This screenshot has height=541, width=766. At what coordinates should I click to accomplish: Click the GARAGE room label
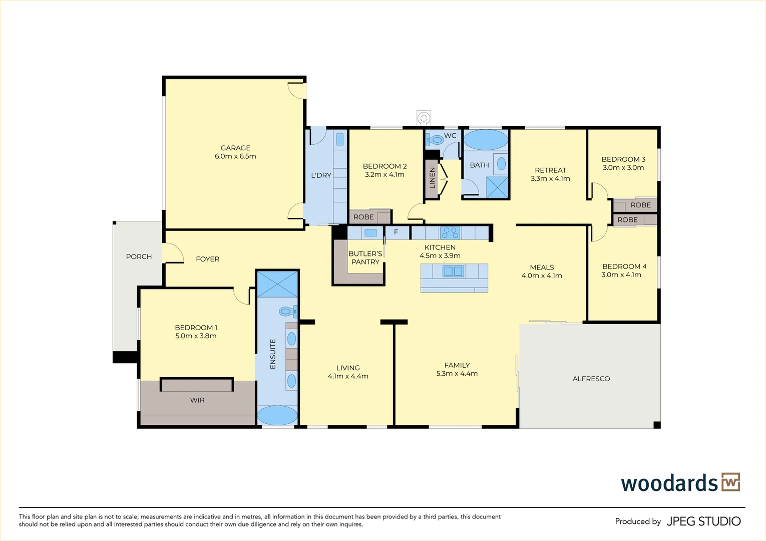point(235,148)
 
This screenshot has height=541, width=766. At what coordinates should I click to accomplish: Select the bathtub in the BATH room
point(486,140)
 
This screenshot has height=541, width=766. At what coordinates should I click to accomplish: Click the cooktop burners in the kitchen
point(451,233)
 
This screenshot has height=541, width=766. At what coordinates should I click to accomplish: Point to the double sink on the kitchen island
point(454,272)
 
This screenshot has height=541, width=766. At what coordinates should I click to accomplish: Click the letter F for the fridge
point(396,232)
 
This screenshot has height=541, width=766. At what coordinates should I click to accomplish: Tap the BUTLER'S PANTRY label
point(365,257)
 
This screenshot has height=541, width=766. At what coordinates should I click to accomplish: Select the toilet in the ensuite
point(288,312)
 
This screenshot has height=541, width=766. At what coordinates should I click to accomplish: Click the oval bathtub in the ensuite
point(277,415)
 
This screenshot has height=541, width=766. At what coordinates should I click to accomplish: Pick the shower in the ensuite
point(277,284)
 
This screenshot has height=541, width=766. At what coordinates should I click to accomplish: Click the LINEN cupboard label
point(432,178)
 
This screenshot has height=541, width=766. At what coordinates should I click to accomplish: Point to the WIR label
point(197,400)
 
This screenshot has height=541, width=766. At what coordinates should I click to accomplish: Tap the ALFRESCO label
point(591,379)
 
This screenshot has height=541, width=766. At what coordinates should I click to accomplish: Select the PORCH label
point(139,256)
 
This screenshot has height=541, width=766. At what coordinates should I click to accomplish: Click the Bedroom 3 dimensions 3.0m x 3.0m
point(623,168)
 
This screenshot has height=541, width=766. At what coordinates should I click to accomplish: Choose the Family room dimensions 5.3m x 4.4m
point(457,374)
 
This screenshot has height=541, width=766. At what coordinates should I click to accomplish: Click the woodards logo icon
point(731,482)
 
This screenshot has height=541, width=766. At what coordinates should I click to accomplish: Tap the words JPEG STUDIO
point(704,521)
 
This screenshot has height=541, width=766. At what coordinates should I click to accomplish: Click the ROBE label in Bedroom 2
point(363,217)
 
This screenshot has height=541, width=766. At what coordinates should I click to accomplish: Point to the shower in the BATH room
point(497,187)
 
